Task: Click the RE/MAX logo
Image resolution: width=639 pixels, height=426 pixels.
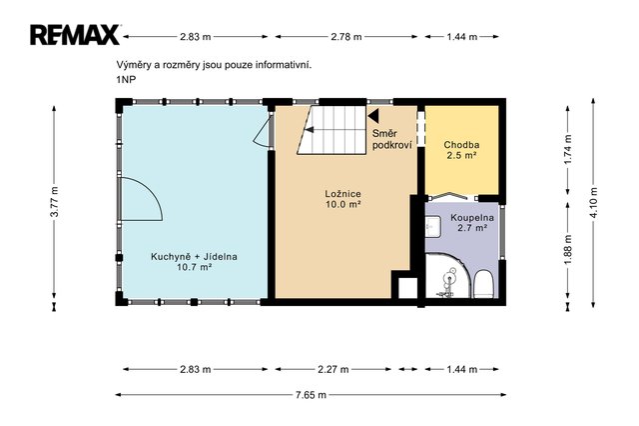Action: (x=75, y=35)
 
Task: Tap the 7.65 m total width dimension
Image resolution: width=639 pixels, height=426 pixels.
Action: (x=311, y=395)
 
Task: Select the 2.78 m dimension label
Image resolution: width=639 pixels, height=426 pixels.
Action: (x=346, y=37)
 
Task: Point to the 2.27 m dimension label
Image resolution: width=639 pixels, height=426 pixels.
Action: (x=332, y=369)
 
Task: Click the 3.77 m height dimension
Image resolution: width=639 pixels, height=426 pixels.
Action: (x=54, y=202)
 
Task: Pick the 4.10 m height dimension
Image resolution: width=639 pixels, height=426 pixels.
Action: (x=593, y=202)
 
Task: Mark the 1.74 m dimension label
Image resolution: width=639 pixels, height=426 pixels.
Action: (x=568, y=149)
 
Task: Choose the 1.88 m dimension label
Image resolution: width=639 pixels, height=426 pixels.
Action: (x=568, y=249)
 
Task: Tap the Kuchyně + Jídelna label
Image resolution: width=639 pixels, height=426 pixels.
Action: (x=194, y=257)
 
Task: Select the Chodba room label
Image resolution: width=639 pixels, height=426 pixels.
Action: (x=461, y=145)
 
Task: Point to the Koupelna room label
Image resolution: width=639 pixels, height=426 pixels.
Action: (x=472, y=218)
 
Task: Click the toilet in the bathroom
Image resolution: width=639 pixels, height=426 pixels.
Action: (x=484, y=283)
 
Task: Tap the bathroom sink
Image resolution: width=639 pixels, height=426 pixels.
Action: (x=432, y=227)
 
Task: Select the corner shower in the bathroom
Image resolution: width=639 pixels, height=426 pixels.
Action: (x=448, y=276)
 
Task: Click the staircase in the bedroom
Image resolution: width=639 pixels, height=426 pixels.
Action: (x=332, y=130)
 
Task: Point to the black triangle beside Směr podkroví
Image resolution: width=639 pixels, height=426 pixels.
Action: (x=373, y=115)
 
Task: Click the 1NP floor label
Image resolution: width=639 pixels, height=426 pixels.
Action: (x=127, y=80)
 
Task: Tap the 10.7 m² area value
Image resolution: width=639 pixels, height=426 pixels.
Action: (x=194, y=267)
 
